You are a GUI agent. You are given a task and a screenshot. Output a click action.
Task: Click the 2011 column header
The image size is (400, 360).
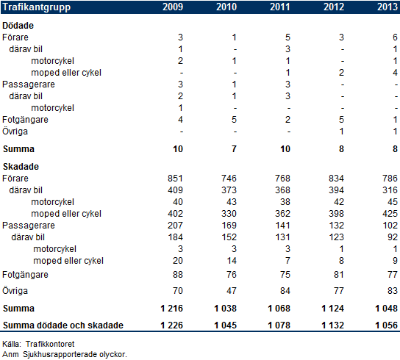pos(280,7)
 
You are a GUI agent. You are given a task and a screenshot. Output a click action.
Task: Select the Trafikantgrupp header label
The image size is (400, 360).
pos(37,7)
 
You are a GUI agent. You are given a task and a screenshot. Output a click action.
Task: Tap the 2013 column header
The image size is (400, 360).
pos(387,7)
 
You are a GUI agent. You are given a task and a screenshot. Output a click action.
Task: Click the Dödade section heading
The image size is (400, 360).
pos(18,26)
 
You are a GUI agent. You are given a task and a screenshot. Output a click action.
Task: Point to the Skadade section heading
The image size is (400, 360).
pos(21,167)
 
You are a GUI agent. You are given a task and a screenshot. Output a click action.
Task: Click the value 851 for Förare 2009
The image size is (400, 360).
pos(175,179)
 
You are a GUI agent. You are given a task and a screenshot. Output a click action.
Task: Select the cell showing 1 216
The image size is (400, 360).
pos(171,309)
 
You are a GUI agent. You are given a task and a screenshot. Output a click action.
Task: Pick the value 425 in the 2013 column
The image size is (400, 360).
pos(390,213)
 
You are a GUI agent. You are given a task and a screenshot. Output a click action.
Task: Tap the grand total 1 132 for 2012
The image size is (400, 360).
pos(332,325)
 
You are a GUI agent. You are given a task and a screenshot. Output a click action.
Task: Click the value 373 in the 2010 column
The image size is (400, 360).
pos(229,190)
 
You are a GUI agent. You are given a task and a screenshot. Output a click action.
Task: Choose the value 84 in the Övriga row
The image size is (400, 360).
pos(285,290)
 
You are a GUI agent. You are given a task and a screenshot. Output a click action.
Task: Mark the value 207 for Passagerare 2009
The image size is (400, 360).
pos(175,225)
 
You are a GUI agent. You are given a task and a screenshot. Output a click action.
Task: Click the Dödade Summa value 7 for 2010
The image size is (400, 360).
pos(234,149)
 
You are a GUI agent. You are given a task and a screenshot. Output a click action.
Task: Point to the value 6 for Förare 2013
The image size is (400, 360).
pos(395,37)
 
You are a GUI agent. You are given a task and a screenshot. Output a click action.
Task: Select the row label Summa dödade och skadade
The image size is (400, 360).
pos(63,325)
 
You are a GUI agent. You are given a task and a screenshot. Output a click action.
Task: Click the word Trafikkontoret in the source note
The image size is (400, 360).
pos(50,344)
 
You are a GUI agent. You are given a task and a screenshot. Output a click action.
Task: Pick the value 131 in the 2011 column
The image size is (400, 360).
pos(282,237)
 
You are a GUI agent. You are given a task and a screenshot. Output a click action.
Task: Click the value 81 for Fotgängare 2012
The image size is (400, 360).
pos(339,274)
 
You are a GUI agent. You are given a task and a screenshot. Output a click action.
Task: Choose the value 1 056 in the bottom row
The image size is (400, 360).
pos(386,325)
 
